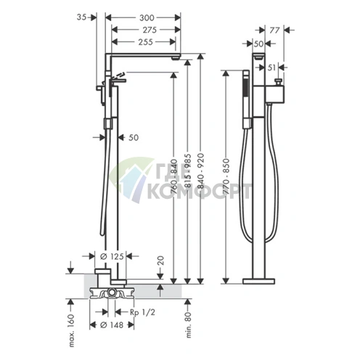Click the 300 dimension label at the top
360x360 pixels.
point(147,17)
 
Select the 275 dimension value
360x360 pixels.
point(150,30)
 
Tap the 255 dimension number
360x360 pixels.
point(146,42)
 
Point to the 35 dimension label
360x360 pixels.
point(81,17)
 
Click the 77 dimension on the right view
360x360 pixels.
point(274,30)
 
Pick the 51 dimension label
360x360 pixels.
point(271,67)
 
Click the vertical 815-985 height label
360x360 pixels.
point(188,171)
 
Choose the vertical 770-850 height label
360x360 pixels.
point(226,176)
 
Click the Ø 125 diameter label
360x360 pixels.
point(112,256)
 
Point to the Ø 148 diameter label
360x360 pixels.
point(112,325)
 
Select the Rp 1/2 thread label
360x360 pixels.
point(142,312)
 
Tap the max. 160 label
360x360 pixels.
point(72,330)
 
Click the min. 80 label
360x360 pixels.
point(189,324)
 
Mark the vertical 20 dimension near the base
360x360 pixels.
point(160,261)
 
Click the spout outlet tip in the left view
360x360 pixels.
point(176,58)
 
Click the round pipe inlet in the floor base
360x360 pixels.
point(112,292)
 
